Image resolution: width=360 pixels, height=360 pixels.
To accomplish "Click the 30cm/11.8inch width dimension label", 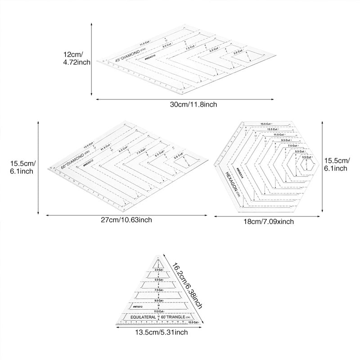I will click(193, 104).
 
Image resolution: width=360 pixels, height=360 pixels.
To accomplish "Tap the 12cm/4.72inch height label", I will click(76, 58).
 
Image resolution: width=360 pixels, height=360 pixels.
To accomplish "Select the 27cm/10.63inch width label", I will click(126, 220).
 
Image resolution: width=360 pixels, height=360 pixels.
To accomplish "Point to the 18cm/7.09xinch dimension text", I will click(268, 221).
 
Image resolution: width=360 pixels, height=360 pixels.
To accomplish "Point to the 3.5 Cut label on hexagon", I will click(306, 157).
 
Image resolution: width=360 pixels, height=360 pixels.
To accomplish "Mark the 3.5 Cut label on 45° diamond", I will click(238, 53).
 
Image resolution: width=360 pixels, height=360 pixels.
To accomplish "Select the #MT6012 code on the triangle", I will click(138, 306).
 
